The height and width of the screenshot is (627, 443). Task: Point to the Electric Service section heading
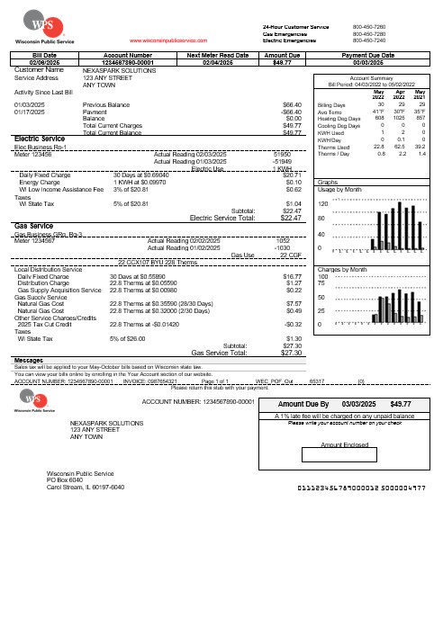[x=44, y=138]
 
